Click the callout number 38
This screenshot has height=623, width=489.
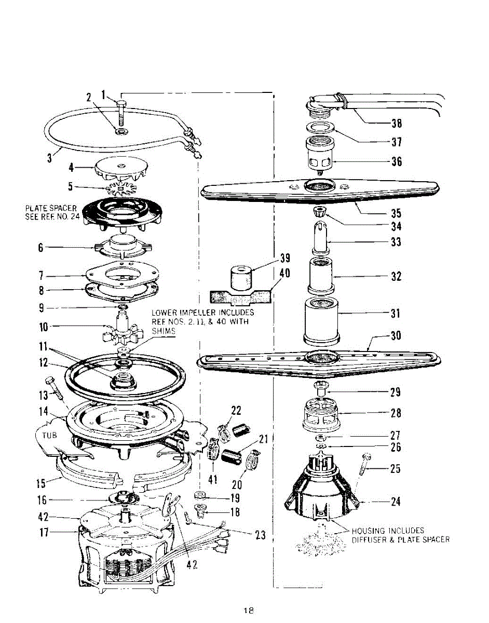397,124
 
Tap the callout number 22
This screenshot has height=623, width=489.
236,411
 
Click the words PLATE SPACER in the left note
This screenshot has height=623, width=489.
50,208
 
